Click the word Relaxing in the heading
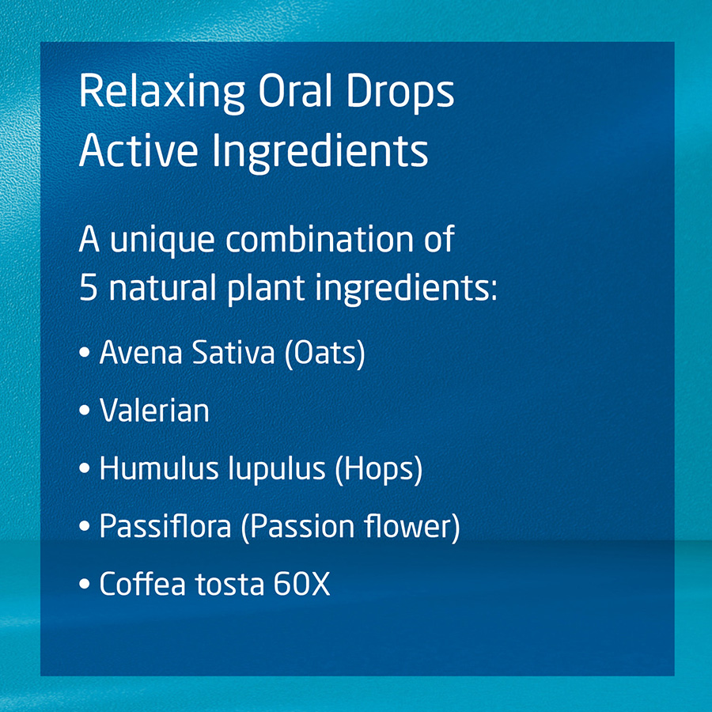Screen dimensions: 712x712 [x=162, y=93]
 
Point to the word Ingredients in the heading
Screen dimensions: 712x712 [x=320, y=153]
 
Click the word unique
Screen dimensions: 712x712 [x=162, y=240]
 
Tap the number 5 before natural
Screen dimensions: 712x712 [x=88, y=287]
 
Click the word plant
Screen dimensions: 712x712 [x=266, y=290]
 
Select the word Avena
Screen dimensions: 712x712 [x=141, y=352]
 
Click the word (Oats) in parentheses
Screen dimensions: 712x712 [x=324, y=354]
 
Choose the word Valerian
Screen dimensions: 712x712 [x=154, y=410]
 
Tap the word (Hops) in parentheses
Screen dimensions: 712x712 [x=379, y=469]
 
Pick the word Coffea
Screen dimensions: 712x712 [x=142, y=583]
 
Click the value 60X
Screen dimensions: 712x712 [x=301, y=584]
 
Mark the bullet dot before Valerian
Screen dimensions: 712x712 [x=85, y=411]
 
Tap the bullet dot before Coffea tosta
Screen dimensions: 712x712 [x=85, y=584]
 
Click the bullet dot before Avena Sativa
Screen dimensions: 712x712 [x=85, y=353]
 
